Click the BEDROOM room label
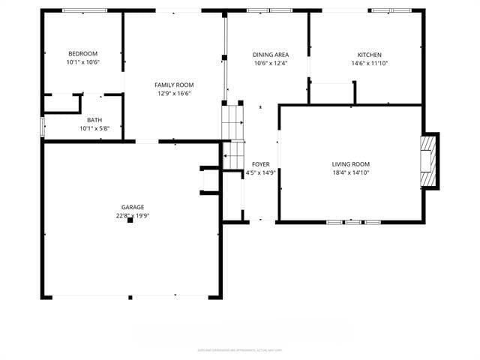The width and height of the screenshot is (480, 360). [82, 53]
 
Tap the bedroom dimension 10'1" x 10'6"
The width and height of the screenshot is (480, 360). [82, 62]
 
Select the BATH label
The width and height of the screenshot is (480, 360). [94, 120]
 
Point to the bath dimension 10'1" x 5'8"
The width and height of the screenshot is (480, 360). [94, 128]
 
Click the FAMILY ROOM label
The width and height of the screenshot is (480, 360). [174, 85]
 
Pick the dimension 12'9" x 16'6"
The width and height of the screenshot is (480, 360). [174, 94]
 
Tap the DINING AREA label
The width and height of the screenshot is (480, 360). [270, 55]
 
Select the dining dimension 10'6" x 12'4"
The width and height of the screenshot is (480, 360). [270, 63]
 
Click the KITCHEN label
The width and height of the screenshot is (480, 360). [369, 55]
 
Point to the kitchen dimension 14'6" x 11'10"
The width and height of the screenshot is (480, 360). [369, 63]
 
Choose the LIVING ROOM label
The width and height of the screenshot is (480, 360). [351, 164]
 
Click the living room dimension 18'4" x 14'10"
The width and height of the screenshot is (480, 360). [351, 172]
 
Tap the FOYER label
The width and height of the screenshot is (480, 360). [260, 164]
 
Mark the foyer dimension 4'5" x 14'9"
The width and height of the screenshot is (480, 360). [260, 172]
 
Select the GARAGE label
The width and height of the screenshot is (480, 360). [133, 207]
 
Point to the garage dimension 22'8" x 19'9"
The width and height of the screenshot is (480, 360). [133, 216]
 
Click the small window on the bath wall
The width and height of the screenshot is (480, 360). [43, 124]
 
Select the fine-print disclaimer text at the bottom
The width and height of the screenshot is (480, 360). [239, 349]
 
